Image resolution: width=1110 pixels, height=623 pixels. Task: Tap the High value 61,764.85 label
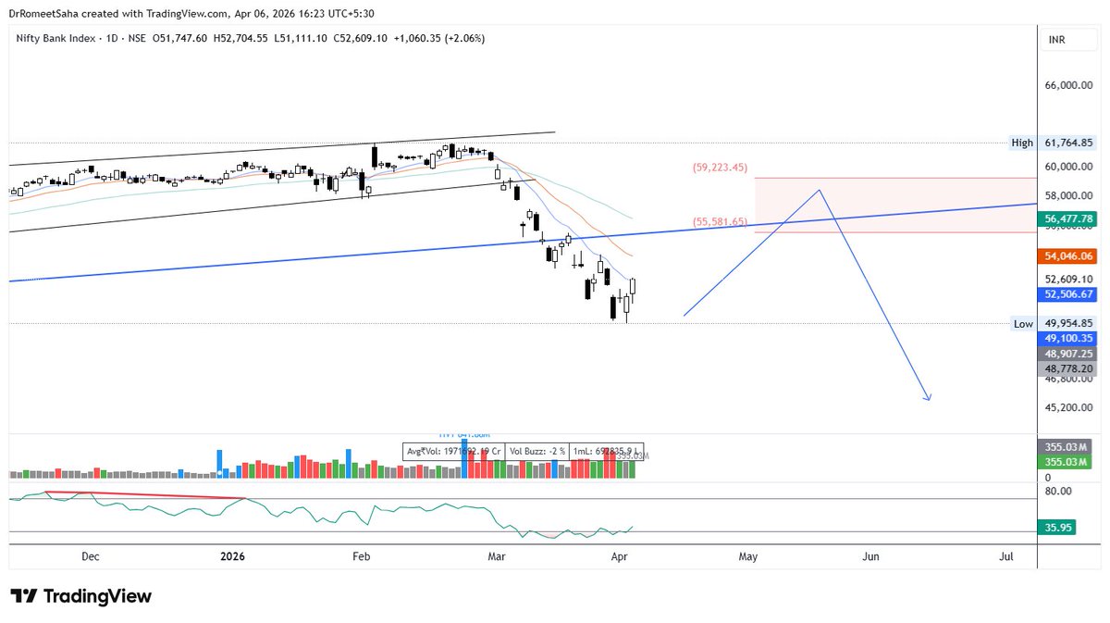click(1068, 143)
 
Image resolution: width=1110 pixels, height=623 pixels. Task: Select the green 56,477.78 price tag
click(1068, 218)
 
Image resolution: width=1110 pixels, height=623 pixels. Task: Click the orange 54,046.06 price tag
click(1068, 255)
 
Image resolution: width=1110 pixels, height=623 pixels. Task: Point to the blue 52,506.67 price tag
click(1068, 293)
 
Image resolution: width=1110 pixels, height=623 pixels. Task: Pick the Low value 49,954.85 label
click(1068, 323)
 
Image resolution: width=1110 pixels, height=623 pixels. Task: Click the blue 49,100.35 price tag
click(1068, 339)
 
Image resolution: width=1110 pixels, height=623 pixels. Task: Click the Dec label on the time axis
click(91, 556)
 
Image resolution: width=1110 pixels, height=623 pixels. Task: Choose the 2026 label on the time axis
click(232, 556)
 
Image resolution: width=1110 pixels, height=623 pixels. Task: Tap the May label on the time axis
click(748, 556)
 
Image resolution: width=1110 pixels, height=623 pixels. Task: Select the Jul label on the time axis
click(1006, 556)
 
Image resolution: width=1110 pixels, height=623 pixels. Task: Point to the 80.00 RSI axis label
click(1058, 491)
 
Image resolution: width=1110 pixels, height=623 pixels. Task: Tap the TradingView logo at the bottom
click(80, 596)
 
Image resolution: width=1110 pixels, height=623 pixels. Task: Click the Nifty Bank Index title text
click(56, 38)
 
